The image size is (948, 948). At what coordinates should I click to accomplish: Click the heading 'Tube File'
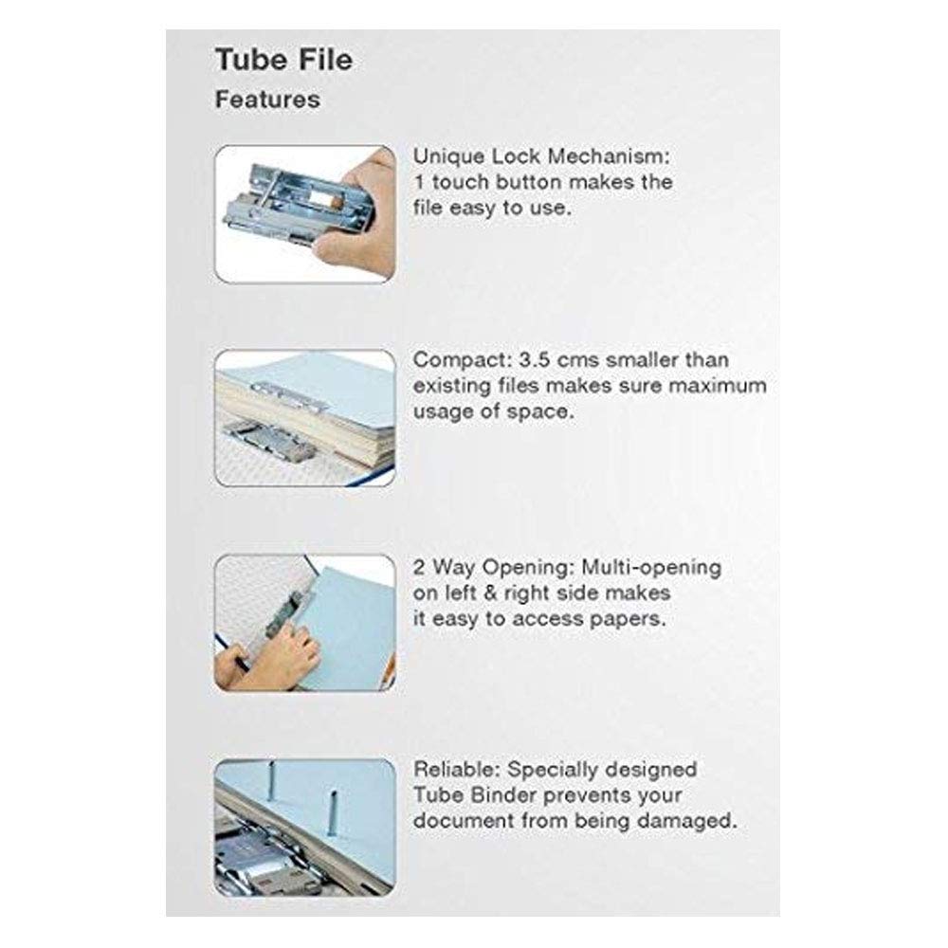[x=283, y=60]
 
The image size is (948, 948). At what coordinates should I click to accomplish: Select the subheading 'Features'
[x=267, y=100]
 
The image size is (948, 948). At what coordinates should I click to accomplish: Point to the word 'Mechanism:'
[x=609, y=156]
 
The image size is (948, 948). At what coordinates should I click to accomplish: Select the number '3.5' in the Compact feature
[x=535, y=359]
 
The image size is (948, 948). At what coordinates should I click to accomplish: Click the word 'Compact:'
[x=463, y=360]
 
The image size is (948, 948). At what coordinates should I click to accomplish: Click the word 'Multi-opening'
[x=651, y=568]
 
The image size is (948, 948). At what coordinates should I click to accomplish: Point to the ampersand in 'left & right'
[x=490, y=593]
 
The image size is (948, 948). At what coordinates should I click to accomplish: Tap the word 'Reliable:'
[x=457, y=770]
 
